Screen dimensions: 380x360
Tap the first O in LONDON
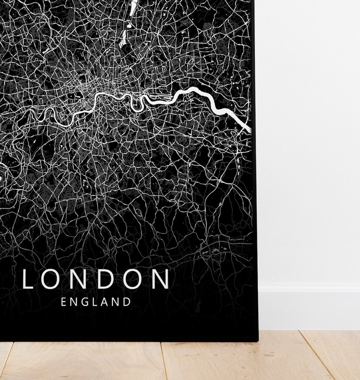(x=51, y=279)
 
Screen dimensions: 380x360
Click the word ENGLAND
(x=96, y=302)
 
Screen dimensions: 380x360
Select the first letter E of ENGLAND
(x=63, y=302)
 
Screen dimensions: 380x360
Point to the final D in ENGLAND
(x=127, y=302)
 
